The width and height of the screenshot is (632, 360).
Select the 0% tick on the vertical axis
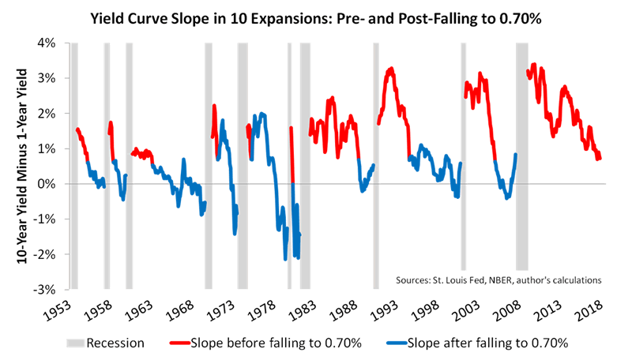click(x=51, y=184)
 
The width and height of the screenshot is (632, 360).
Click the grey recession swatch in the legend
click(x=70, y=343)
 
